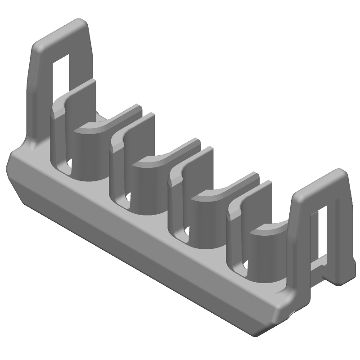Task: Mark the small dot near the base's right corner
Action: coord(292,313)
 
